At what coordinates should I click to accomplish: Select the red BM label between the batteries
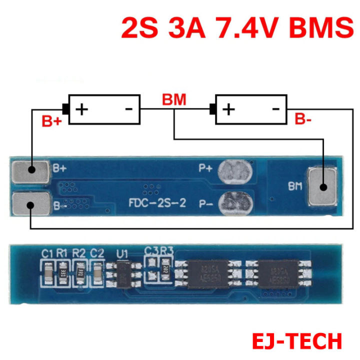[173, 99]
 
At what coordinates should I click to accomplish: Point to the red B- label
[303, 119]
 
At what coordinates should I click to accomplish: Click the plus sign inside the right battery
[229, 108]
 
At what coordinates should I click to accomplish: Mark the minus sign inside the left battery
[128, 108]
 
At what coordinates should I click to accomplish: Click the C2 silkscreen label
[97, 253]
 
